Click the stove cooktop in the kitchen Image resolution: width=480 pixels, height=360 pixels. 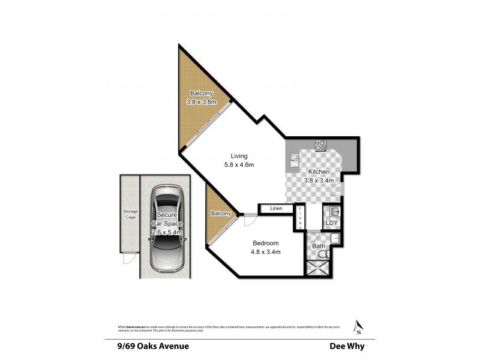tap(320, 145)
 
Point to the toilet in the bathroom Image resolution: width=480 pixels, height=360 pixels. tap(323, 255)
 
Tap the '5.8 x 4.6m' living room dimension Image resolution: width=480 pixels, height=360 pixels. tap(239, 165)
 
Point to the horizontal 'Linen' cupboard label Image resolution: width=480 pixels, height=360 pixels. tap(276, 208)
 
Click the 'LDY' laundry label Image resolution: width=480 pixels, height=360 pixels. tap(332, 223)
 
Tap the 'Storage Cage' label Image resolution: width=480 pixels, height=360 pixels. tap(130, 214)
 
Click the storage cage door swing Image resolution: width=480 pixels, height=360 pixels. tap(128, 259)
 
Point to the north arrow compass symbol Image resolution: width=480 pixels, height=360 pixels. tap(358, 325)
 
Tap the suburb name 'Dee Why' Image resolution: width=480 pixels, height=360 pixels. tap(347, 346)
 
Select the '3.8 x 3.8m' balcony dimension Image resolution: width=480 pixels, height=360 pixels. tap(202, 102)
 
